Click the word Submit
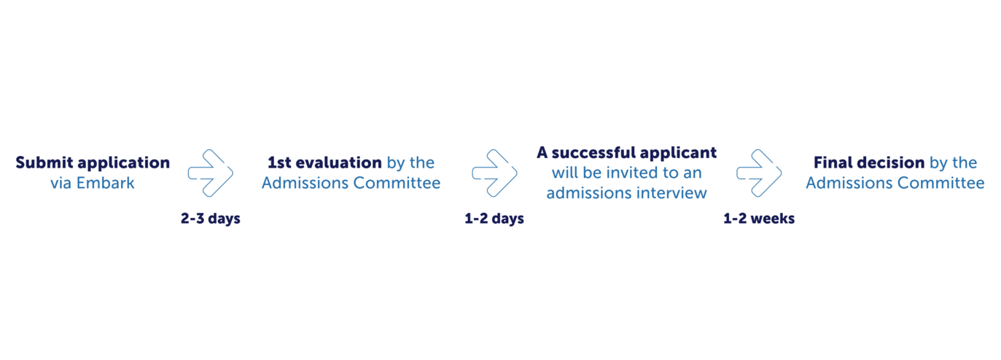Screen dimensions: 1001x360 point(44,163)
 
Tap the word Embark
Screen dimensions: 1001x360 point(106,183)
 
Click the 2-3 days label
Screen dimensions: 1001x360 point(211,219)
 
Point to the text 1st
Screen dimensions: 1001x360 point(279,163)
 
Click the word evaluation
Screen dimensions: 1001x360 point(339,163)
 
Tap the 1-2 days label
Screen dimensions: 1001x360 point(494,219)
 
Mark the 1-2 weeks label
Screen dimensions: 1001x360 point(759,219)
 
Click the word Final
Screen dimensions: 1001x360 point(830,163)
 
